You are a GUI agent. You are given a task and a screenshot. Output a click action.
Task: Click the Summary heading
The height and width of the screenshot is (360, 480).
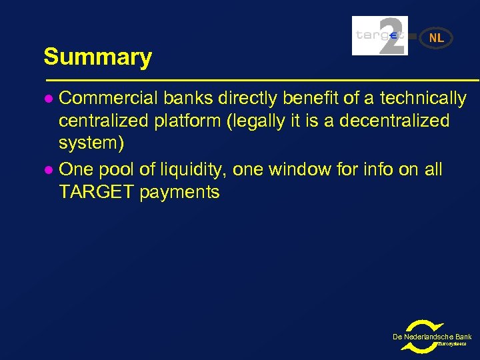click(97, 57)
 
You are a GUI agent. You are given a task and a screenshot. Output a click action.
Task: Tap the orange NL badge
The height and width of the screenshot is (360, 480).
click(437, 38)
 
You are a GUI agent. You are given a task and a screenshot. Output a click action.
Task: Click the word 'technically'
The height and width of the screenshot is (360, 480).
click(423, 99)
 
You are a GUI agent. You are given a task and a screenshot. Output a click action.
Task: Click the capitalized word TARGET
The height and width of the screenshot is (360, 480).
click(96, 193)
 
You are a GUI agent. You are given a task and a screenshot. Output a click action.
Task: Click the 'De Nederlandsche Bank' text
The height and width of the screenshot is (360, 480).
click(432, 337)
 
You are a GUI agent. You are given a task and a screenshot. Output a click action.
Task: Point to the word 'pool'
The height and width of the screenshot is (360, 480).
click(117, 169)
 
